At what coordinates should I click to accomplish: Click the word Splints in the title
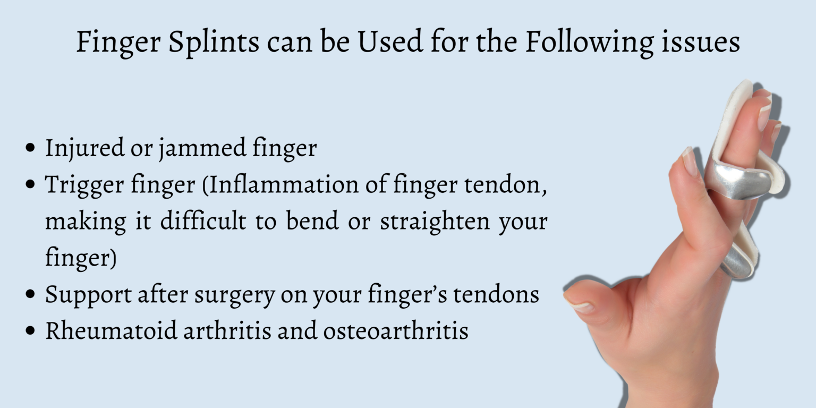pyautogui.click(x=214, y=42)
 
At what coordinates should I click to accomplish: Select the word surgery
pyautogui.click(x=232, y=294)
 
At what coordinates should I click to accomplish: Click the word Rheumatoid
pyautogui.click(x=110, y=330)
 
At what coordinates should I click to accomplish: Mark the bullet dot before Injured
pyautogui.click(x=31, y=148)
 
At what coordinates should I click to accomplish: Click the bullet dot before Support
pyautogui.click(x=31, y=294)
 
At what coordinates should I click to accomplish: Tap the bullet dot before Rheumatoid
pyautogui.click(x=31, y=330)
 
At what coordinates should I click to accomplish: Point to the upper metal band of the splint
pyautogui.click(x=738, y=181)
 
